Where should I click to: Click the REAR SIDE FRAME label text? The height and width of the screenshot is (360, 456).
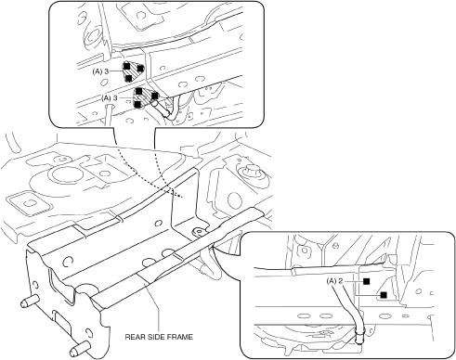[x=159, y=337]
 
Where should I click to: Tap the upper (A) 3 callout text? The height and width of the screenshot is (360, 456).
[x=100, y=71]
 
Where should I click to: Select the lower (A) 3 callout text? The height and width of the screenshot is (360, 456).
[x=110, y=98]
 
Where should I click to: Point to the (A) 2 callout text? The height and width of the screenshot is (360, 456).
[x=334, y=281]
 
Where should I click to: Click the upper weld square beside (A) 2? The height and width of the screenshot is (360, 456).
[x=367, y=281]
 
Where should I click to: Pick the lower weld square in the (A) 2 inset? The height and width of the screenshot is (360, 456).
[x=384, y=295]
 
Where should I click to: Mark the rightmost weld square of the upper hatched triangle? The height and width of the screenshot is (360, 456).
[x=140, y=68]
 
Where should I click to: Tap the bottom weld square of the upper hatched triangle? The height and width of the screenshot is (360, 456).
[x=129, y=78]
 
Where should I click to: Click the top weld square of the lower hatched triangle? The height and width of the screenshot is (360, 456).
[x=139, y=91]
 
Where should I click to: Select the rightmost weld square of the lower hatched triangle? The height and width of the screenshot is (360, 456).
[x=154, y=96]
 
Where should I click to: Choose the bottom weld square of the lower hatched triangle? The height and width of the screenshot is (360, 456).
[x=137, y=105]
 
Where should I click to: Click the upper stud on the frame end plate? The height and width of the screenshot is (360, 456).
[x=30, y=301]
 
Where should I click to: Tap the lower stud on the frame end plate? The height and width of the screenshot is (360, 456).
[x=79, y=349]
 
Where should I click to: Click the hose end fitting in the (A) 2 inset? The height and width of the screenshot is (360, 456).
[x=359, y=336]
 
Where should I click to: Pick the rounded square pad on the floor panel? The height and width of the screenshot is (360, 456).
[x=29, y=203]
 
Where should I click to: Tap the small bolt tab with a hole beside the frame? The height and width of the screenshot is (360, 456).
[x=198, y=231]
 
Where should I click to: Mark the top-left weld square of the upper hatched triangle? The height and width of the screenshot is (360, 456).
[x=127, y=66]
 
